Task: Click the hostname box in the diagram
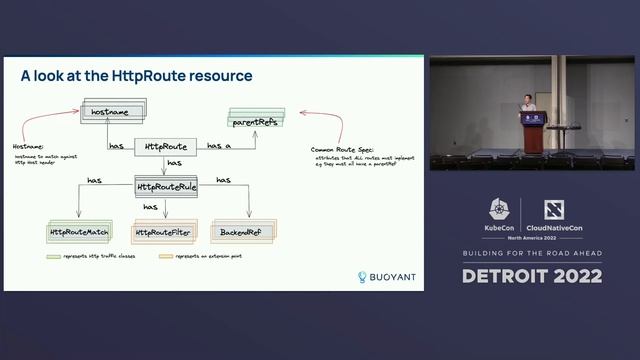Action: click(112, 112)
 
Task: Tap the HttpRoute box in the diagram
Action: click(166, 146)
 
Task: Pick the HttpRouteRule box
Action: click(166, 186)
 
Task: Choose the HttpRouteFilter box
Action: click(163, 232)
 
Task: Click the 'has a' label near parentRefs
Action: click(219, 146)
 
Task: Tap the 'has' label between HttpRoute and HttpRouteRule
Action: click(174, 163)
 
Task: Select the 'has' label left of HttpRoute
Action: click(117, 146)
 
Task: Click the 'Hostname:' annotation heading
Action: click(29, 147)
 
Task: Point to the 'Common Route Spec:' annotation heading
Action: click(343, 148)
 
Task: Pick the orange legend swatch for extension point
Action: click(166, 257)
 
